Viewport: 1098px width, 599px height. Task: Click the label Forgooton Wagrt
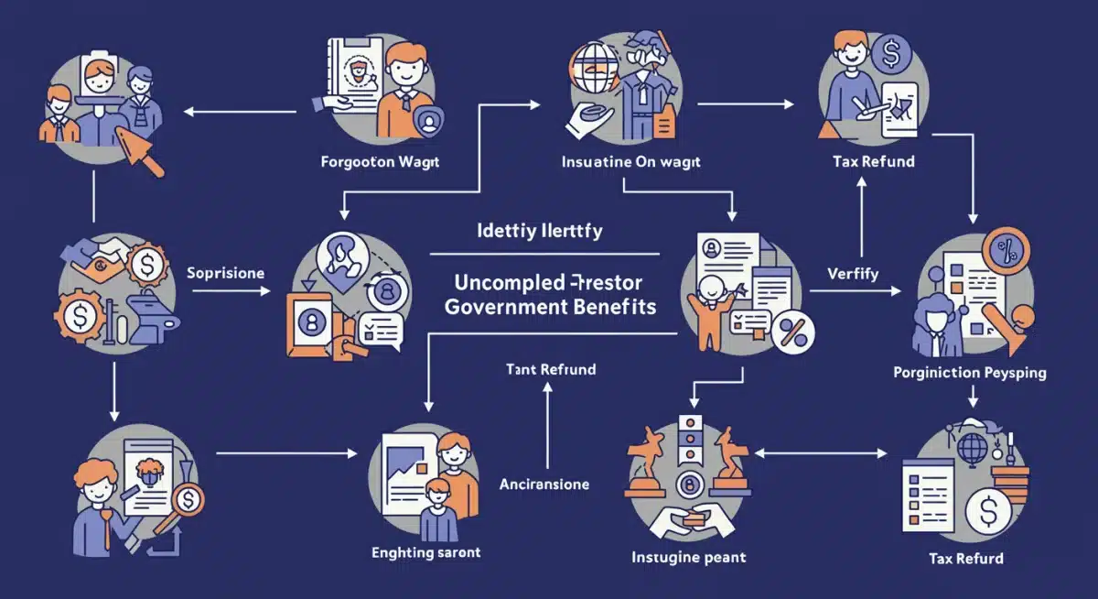(381, 162)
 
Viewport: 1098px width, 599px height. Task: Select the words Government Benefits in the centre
(551, 307)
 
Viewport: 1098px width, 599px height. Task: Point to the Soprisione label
(225, 273)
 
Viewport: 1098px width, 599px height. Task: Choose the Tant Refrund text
(550, 370)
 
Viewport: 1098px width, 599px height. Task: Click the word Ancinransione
(544, 484)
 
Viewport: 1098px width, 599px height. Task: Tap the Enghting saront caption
(425, 552)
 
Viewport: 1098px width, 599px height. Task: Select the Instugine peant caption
(689, 557)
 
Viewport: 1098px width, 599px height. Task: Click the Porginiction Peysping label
(970, 373)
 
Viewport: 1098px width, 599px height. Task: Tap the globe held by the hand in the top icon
(590, 66)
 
